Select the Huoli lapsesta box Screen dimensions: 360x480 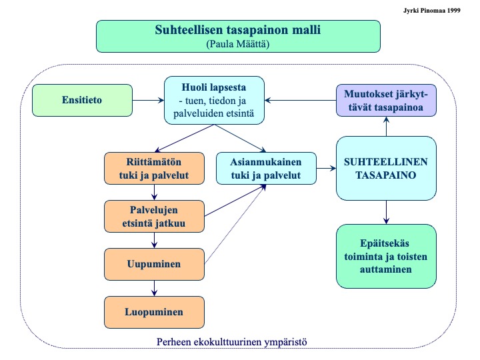[214, 100]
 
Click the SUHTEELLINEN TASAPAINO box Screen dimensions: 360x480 [386, 169]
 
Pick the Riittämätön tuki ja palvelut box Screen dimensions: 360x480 [155, 169]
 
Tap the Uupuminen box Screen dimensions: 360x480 [155, 264]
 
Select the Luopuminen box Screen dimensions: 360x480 [155, 311]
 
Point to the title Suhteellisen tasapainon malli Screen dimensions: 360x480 [238, 30]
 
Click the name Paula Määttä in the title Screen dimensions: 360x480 [238, 44]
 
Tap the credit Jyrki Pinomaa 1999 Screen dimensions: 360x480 [441, 10]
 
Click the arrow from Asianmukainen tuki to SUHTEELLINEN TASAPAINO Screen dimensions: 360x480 [326, 169]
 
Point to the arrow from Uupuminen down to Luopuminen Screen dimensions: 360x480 [155, 287]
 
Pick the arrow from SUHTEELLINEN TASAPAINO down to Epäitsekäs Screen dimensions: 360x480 [386, 213]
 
